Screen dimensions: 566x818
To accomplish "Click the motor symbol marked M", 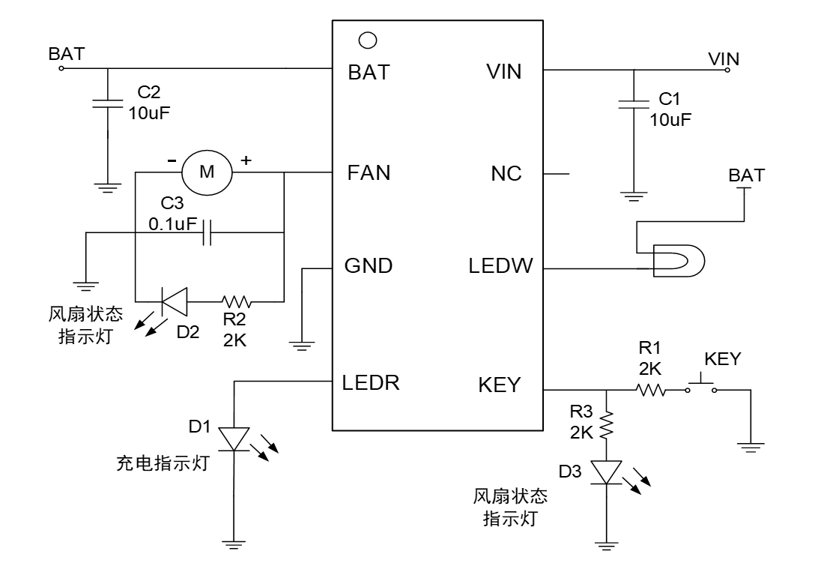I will (x=207, y=172).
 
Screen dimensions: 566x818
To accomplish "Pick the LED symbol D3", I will (x=605, y=472).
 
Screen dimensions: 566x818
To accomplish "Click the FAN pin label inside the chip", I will (x=369, y=173).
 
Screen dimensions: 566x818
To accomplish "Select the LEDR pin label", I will (x=372, y=382).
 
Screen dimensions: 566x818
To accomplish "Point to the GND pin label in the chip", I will (x=369, y=266).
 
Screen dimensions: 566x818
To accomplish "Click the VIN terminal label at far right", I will (x=724, y=58).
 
